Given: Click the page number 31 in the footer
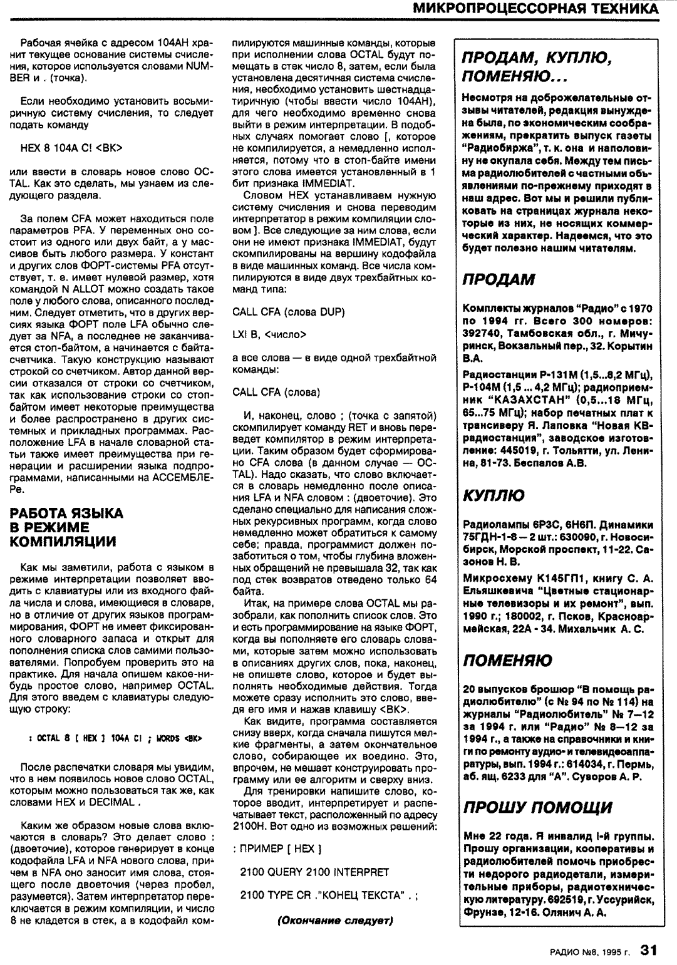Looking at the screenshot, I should coord(648,950).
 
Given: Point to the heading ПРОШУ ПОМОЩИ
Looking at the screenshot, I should coord(537,807).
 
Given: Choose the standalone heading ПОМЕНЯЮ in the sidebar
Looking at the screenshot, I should coord(507,660).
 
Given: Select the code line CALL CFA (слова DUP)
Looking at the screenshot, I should coord(288,311).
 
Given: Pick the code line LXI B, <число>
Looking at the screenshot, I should coord(269,334).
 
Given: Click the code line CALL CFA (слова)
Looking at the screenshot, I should coord(276,392).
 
